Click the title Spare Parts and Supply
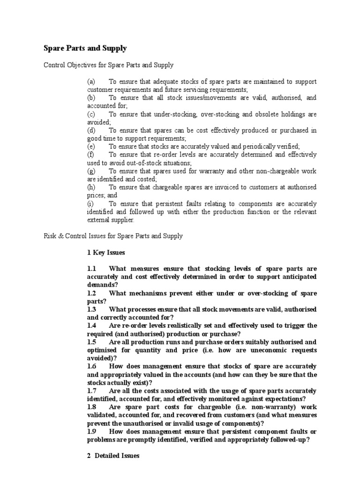click(85, 48)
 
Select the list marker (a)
click(91, 81)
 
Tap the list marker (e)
click(91, 146)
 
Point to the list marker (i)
click(90, 203)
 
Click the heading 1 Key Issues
click(106, 252)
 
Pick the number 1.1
click(91, 269)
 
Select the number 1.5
click(91, 342)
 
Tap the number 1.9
click(91, 431)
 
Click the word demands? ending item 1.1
click(103, 285)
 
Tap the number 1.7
click(91, 390)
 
